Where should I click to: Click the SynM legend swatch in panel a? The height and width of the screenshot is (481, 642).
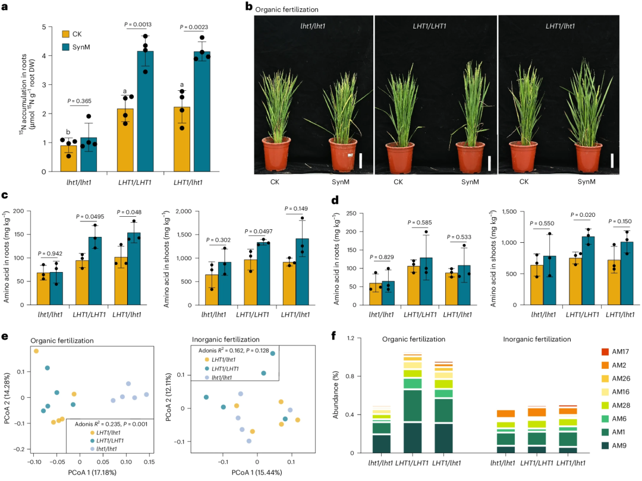pos(65,47)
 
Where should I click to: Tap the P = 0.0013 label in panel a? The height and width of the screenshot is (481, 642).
pos(138,24)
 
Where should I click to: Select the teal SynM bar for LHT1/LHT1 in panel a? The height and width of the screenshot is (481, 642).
pos(146,111)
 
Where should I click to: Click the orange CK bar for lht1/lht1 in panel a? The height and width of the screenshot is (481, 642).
pos(68,159)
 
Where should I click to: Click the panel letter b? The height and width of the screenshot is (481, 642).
pos(248,7)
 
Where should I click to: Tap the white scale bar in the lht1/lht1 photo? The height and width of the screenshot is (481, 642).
pos(360,161)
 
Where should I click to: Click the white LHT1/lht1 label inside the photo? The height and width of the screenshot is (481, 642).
pos(560,26)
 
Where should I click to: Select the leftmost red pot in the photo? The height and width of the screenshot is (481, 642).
pos(276,154)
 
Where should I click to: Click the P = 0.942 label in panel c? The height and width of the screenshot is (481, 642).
pos(49,254)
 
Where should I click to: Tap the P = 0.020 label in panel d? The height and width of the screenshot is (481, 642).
pos(583,215)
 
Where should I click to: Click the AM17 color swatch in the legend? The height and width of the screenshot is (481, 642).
pos(605,352)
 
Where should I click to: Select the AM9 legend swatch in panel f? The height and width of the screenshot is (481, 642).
pos(605,445)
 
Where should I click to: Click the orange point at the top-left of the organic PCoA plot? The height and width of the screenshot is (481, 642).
pos(36,351)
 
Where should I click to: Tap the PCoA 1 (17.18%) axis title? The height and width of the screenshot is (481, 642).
pos(92,473)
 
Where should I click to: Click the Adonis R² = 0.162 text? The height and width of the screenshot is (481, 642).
pos(221,350)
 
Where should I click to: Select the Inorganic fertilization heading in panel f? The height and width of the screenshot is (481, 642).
pos(537,339)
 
